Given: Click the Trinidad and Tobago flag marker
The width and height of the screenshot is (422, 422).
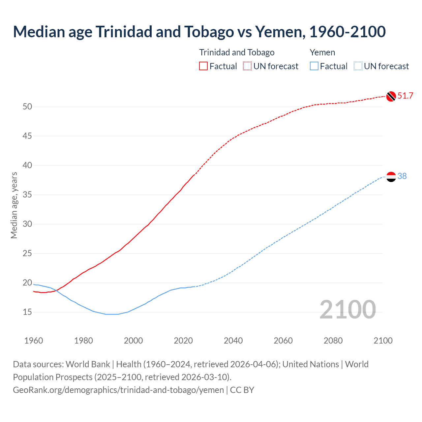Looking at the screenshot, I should coord(391,96).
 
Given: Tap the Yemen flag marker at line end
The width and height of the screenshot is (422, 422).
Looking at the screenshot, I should coord(391,177).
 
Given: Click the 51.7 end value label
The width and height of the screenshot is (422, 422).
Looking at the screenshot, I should coord(405,96).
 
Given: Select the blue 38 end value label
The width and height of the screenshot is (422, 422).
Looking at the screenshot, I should coord(402,176).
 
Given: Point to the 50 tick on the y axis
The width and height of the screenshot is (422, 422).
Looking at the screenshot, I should coord(27,106).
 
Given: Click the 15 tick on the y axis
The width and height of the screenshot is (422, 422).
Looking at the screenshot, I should coord(27,312).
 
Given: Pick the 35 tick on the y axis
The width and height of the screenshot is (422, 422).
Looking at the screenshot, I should coord(27,195).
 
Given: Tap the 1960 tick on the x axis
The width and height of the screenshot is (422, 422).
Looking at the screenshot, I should coord(34,341).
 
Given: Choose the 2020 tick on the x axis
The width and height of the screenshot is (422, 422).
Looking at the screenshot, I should coord(183,341).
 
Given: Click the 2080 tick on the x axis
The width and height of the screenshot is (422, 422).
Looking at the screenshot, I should coord(333,341).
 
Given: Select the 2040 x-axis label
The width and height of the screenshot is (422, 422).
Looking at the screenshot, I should coord(233,341).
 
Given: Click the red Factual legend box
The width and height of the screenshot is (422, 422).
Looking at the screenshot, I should coord(203,66).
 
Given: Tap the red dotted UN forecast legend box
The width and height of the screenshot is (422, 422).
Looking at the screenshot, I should coord(247,66).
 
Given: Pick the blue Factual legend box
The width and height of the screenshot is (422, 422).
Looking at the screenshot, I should coord(314,66).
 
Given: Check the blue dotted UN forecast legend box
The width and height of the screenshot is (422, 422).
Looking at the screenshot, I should coord(358,66).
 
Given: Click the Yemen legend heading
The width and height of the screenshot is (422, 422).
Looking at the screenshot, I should coord(322,52).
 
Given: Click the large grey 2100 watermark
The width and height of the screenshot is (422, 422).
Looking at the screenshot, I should coord(347,309).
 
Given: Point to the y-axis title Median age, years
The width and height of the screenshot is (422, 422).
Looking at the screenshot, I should coord(14,205).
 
